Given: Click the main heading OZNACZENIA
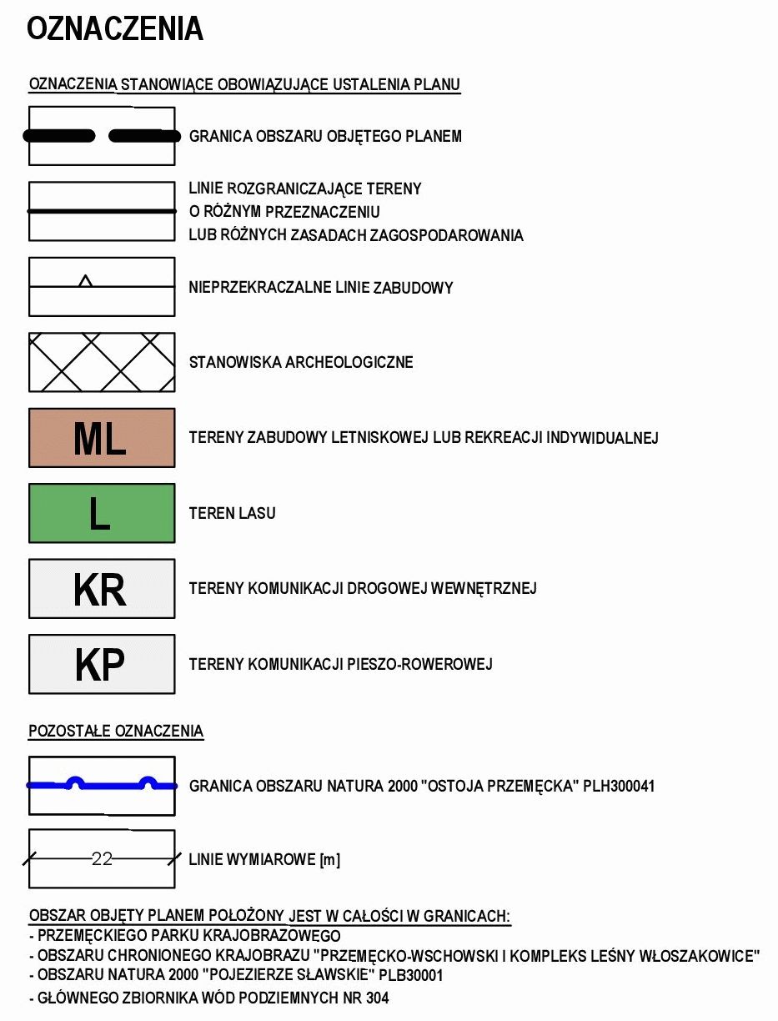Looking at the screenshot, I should coord(115,29).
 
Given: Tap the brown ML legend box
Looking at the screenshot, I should coord(102,438).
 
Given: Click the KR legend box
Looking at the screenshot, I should coord(102,589).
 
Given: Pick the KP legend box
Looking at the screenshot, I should coord(102,665).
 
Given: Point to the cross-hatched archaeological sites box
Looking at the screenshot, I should coord(102,363).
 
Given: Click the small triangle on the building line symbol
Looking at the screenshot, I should coord(85,281).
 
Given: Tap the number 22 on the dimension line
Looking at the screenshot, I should coord(102,858).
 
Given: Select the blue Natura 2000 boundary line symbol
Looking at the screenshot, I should coord(102,784).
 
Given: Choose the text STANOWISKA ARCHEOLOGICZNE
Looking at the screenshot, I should coord(301,363).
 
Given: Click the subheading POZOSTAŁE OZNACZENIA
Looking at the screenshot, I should coord(116,732).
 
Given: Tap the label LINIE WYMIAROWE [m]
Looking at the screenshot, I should coord(264,860).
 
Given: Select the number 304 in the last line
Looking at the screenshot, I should coord(376,998).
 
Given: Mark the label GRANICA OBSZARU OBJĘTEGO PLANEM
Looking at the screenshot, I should coord(325,136).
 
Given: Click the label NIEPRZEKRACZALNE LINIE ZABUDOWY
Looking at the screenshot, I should coord(321,288).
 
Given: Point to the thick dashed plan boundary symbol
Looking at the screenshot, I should coord(102,136).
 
